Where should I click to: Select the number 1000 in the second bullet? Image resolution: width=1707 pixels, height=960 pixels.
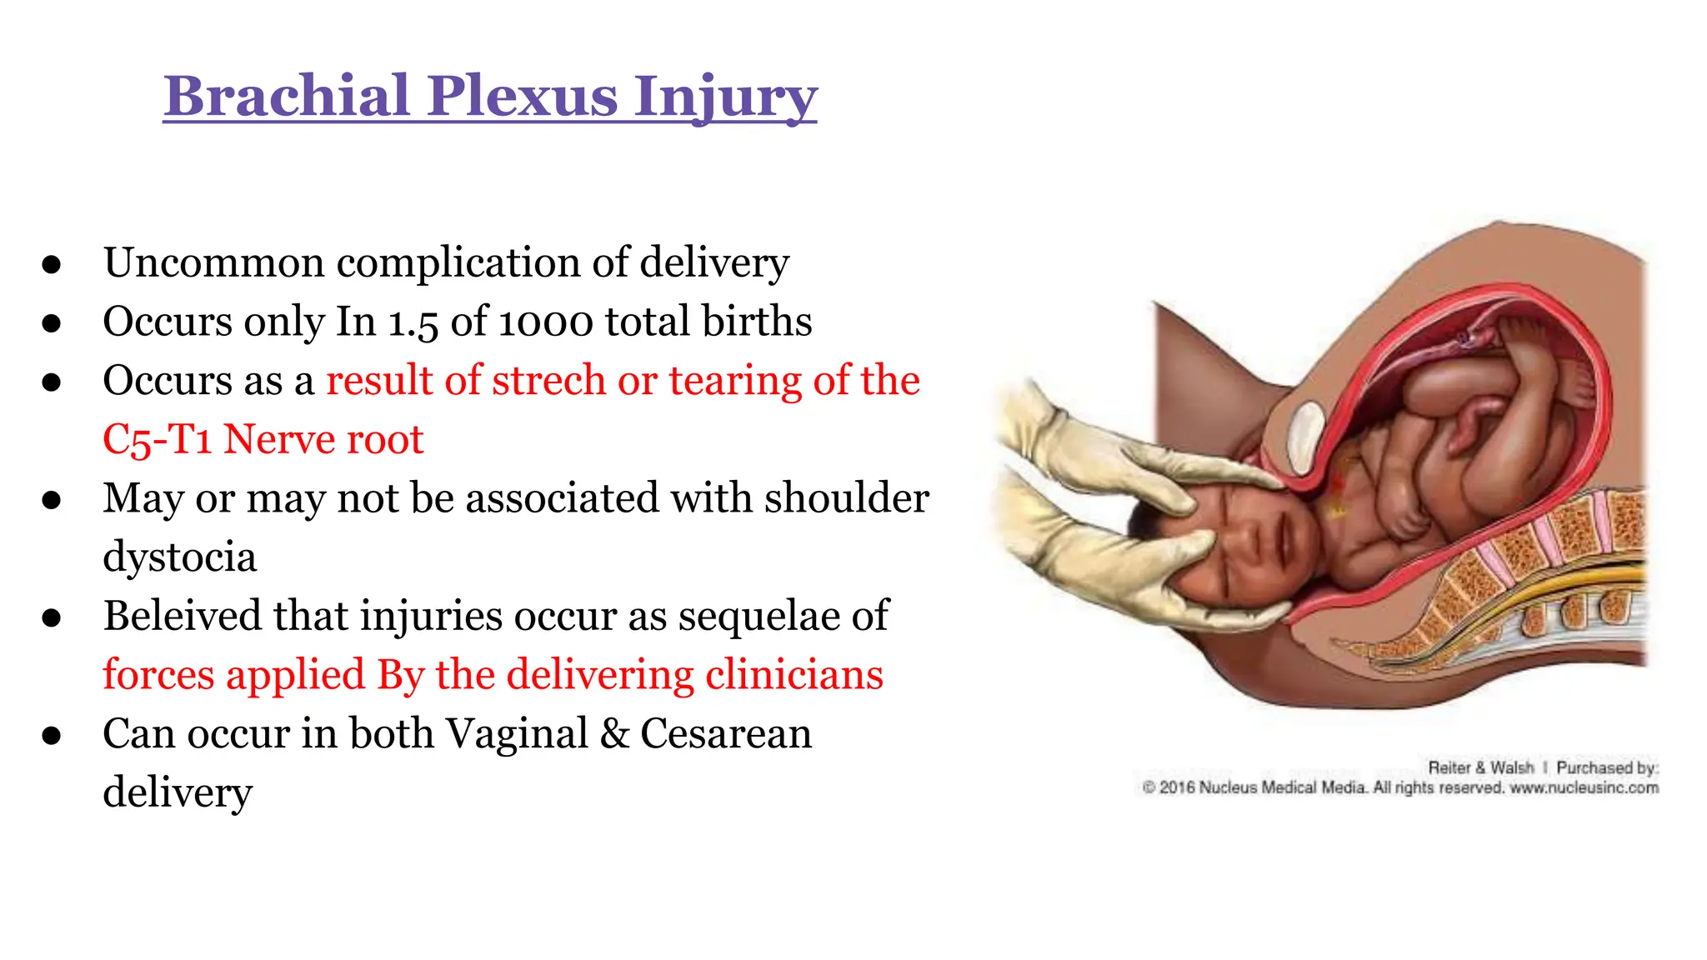point(546,322)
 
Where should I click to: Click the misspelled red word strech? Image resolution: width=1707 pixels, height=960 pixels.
point(549,380)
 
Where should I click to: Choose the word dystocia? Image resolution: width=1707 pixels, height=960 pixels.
point(179,557)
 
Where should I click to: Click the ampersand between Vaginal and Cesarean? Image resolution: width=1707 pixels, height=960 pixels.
point(614,734)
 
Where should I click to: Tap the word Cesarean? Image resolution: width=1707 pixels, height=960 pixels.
point(726,734)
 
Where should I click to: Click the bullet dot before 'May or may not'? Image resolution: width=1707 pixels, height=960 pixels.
point(52,500)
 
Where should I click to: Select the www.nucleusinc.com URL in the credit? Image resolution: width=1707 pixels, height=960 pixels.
point(1584,787)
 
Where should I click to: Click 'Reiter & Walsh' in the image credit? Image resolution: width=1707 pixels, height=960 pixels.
point(1481,767)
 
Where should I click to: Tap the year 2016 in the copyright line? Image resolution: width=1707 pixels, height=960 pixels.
point(1177,787)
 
